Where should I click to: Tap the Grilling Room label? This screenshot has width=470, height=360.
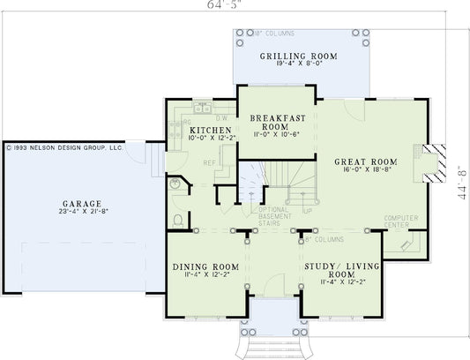[x=298, y=56]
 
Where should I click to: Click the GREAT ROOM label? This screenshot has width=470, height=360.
[x=365, y=161]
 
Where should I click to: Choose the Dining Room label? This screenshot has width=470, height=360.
[x=205, y=266]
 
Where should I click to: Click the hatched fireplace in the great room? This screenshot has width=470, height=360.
[x=431, y=166]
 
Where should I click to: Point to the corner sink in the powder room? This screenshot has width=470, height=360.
[x=175, y=184]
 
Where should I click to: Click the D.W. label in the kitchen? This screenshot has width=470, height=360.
[x=222, y=118]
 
